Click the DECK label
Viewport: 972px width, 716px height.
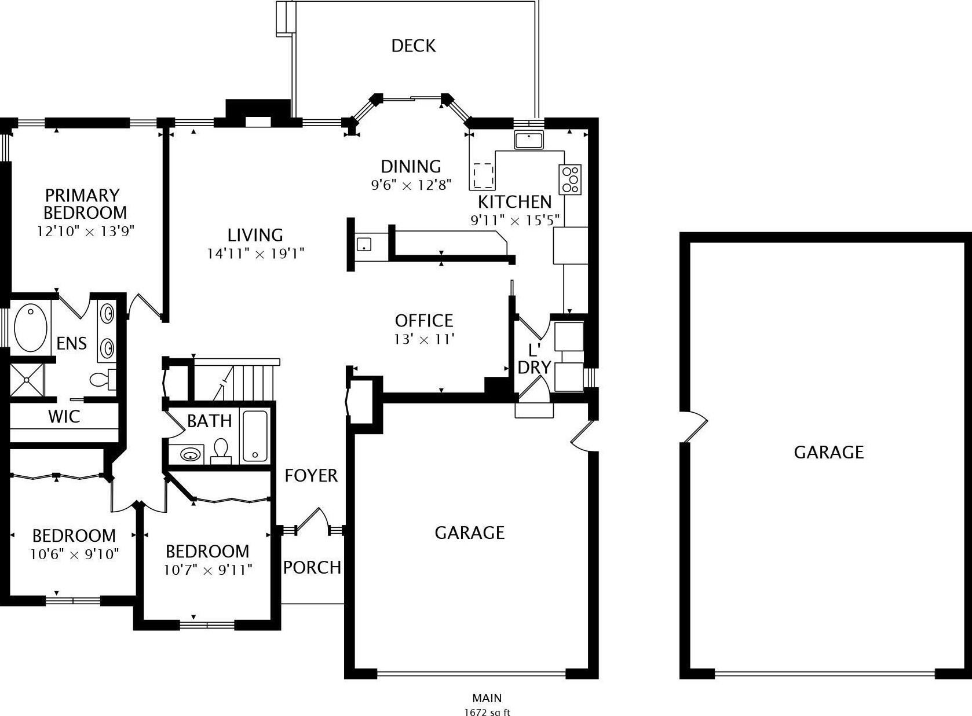(413, 46)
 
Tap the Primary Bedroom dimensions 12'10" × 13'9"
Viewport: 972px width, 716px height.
(86, 231)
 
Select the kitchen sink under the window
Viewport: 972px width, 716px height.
(528, 139)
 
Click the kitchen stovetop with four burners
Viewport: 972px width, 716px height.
(570, 179)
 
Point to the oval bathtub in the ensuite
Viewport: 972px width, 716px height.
(30, 328)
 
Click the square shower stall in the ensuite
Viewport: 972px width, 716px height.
(27, 380)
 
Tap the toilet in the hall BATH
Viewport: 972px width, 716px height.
(221, 451)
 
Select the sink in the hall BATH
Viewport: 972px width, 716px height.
(190, 455)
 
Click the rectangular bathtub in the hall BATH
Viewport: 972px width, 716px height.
(255, 435)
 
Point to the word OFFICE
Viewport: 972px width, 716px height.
(424, 321)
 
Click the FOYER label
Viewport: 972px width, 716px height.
(311, 476)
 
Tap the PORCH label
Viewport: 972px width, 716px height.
(312, 568)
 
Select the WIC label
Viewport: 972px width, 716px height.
(64, 417)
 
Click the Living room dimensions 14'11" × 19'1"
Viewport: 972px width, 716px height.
(255, 254)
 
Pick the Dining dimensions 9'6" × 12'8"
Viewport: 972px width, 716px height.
(411, 185)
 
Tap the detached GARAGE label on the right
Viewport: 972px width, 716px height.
(828, 452)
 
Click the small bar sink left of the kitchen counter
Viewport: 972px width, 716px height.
(364, 244)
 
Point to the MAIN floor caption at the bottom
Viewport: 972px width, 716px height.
(487, 698)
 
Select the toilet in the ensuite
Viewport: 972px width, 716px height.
(103, 380)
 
